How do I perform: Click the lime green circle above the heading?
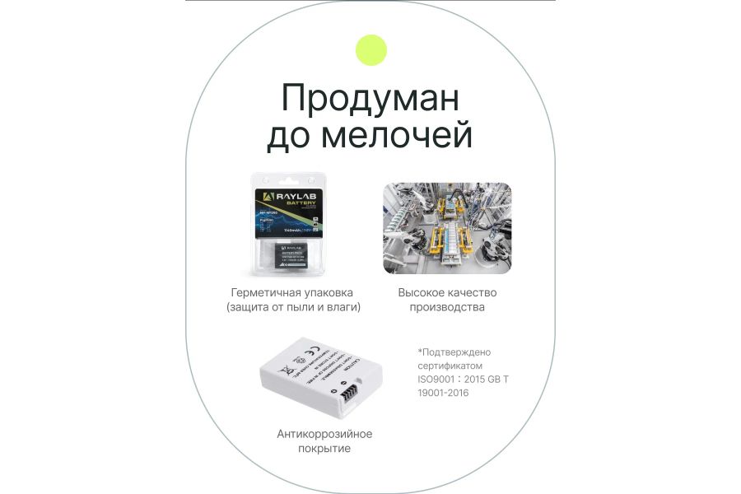coord(370,50)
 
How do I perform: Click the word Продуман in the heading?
coord(370,99)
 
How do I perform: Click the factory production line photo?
coord(447,228)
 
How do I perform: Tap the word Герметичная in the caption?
coord(263,292)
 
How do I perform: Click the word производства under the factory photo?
coord(447,307)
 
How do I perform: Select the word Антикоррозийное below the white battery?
coord(324,434)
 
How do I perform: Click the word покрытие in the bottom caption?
coord(324,449)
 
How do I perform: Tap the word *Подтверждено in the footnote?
coord(454,352)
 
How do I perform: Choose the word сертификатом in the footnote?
coord(450,366)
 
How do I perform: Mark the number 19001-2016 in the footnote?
coord(443,394)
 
